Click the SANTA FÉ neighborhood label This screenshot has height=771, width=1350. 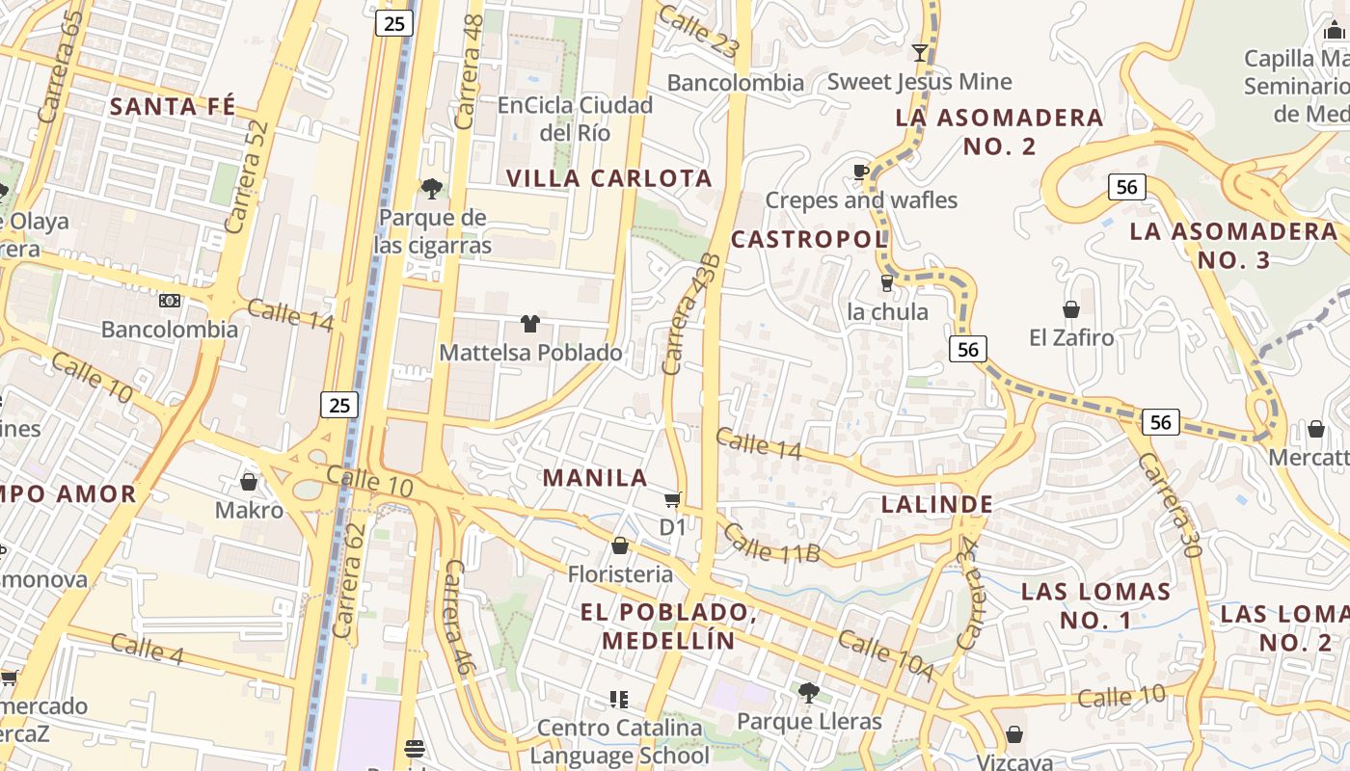[173, 106]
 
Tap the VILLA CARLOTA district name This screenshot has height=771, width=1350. [609, 178]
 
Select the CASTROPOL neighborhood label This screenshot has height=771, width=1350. [808, 239]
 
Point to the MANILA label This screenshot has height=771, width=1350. [595, 477]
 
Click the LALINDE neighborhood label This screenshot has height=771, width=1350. [937, 504]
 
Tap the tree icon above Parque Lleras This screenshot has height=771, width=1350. [808, 693]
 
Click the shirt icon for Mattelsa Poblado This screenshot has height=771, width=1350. [529, 324]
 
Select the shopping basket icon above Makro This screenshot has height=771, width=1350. [249, 482]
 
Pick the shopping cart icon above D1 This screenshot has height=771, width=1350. [672, 499]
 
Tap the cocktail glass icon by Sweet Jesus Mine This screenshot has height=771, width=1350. [920, 53]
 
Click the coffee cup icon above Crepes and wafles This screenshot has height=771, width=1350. [861, 173]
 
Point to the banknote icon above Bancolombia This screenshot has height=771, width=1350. [170, 301]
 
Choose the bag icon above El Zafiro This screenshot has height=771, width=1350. [1070, 309]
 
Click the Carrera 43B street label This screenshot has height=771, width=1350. [691, 314]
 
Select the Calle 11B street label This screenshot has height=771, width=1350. [770, 543]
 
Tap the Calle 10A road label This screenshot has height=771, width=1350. [884, 655]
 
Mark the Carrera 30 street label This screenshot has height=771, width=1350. [1167, 505]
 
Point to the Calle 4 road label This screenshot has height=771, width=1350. [147, 649]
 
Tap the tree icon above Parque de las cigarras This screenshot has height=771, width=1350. [431, 188]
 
